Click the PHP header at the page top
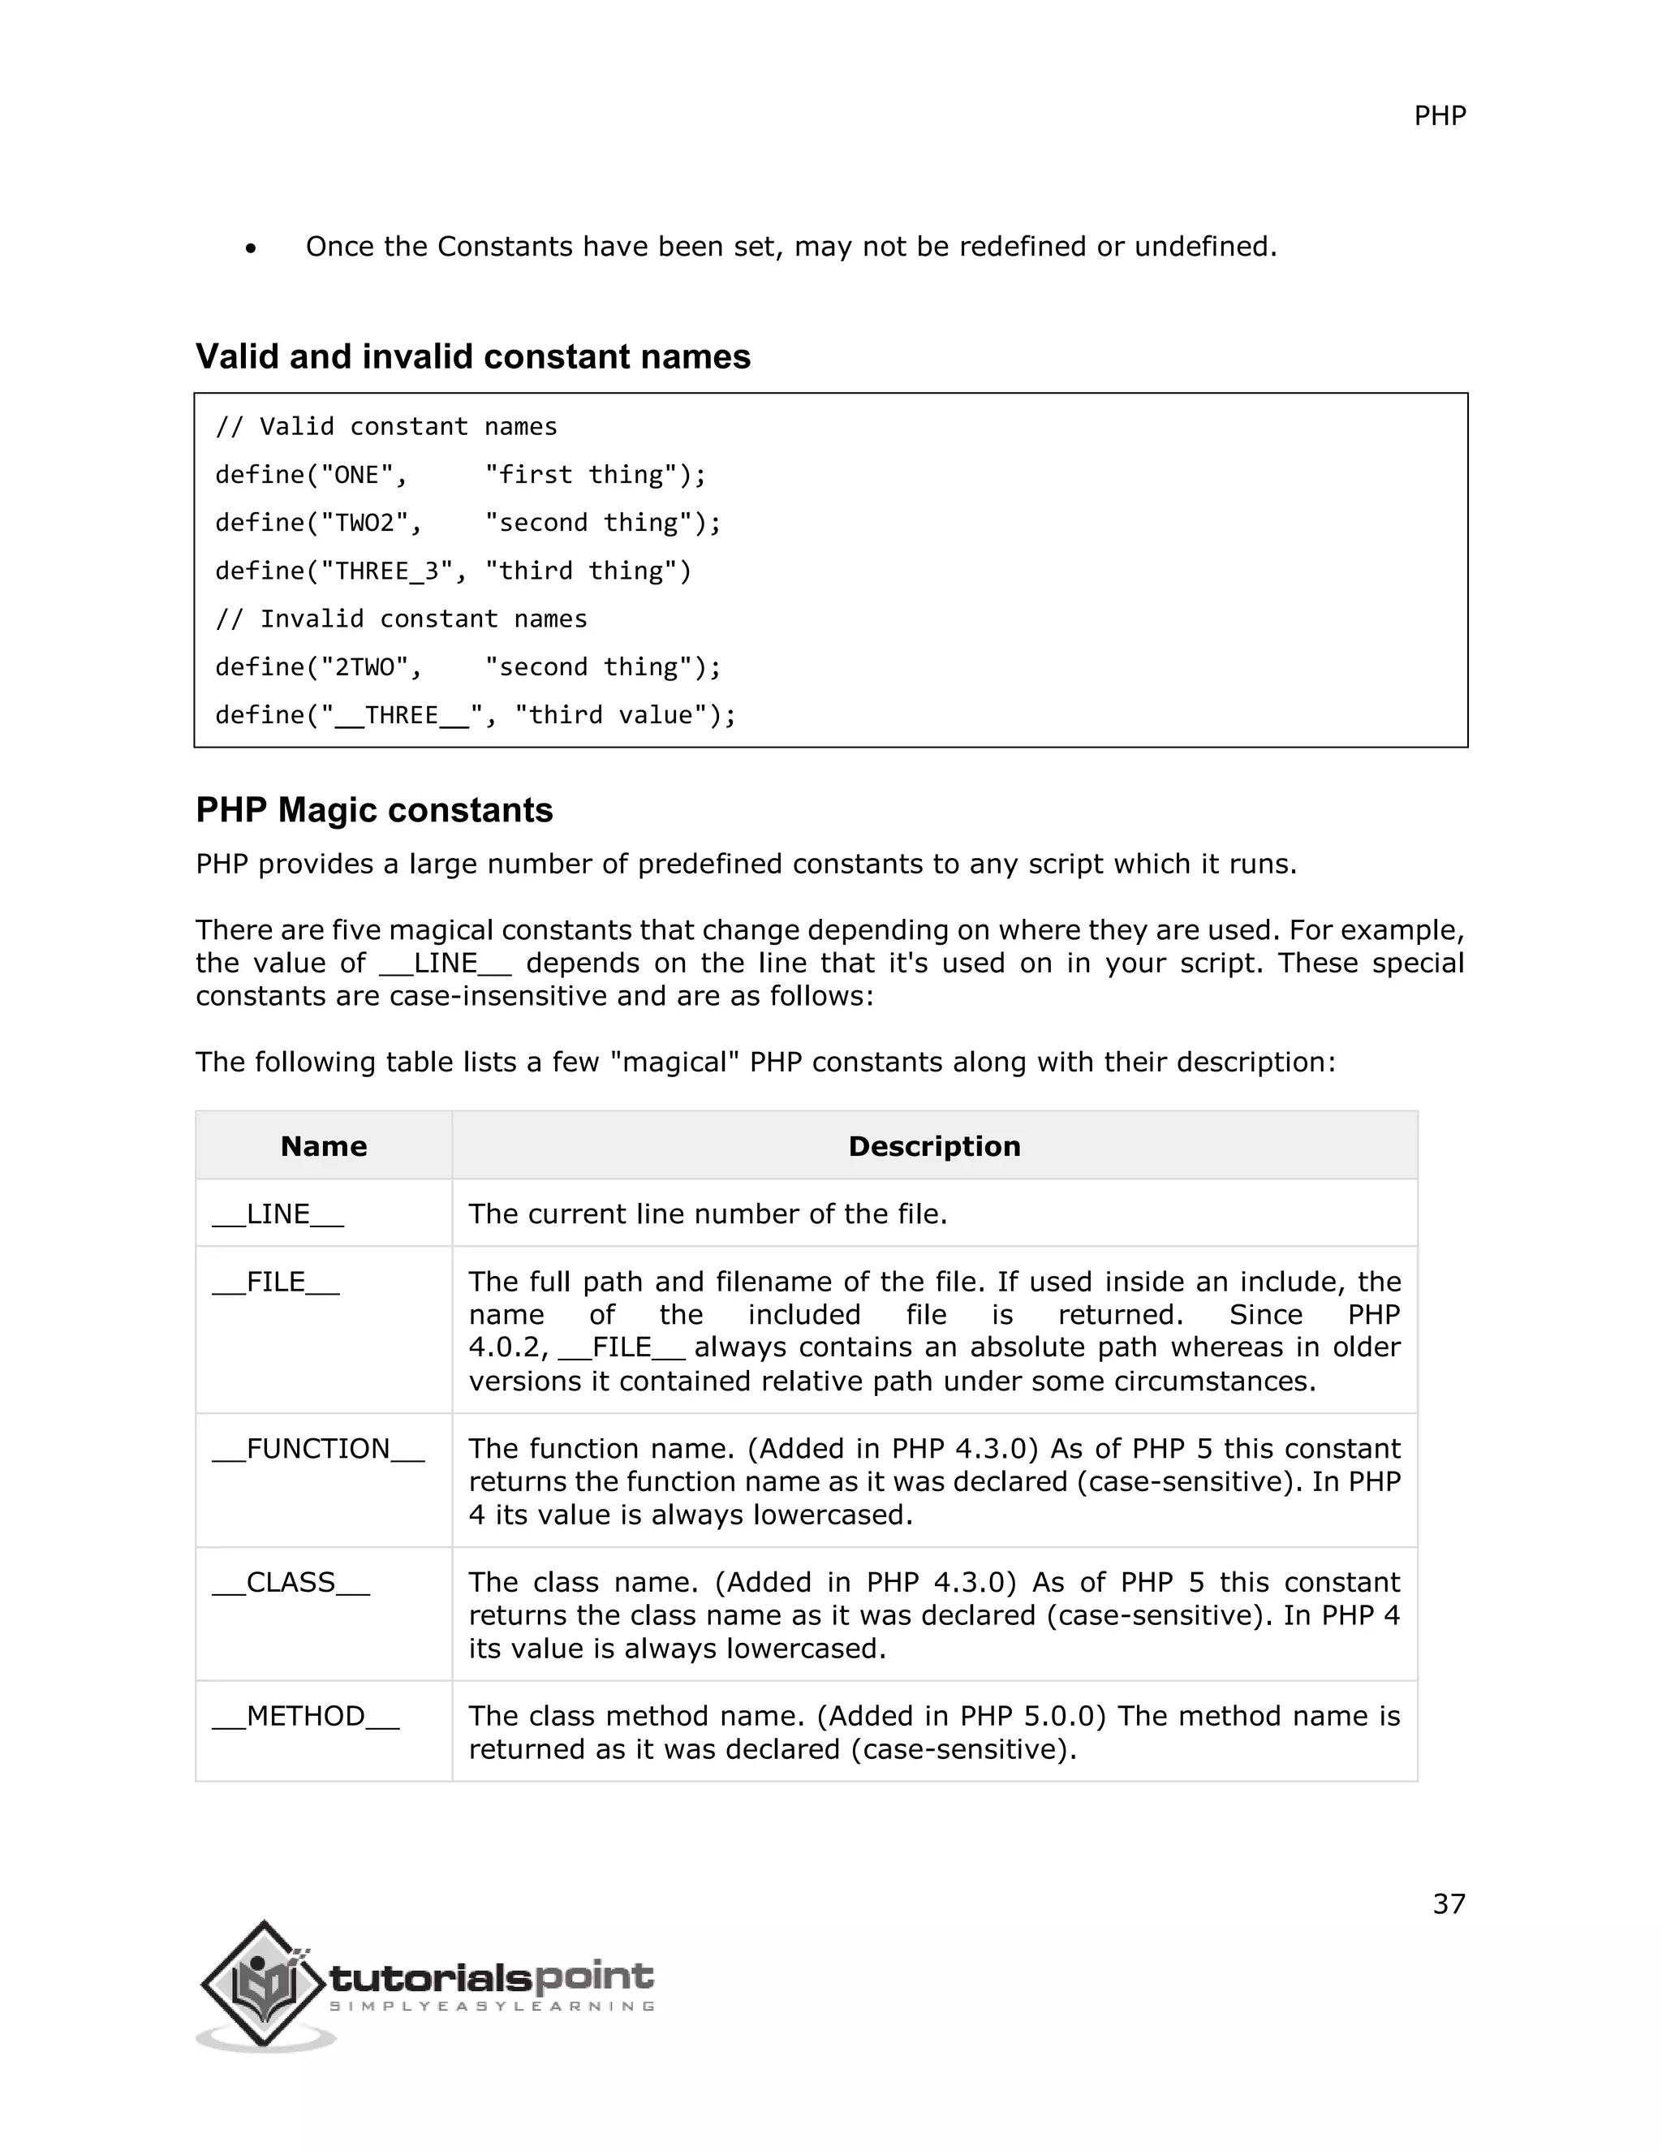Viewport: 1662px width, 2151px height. click(x=1440, y=116)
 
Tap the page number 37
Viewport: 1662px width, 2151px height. click(x=1449, y=1903)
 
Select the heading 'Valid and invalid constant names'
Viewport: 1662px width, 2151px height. click(x=472, y=356)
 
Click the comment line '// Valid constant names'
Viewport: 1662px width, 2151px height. click(x=386, y=426)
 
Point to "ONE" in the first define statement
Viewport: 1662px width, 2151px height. click(x=357, y=475)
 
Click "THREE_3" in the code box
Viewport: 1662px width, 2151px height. click(x=388, y=571)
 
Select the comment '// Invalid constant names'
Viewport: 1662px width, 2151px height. click(x=401, y=619)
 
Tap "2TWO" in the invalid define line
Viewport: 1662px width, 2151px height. click(x=365, y=666)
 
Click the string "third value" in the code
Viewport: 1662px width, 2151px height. click(x=610, y=715)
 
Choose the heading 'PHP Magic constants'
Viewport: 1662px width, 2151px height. click(x=374, y=809)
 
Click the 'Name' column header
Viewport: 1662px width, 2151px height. click(x=323, y=1145)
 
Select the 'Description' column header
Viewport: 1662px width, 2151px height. click(x=933, y=1145)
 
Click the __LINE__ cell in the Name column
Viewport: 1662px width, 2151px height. click(x=278, y=1213)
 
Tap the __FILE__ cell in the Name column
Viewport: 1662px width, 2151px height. click(x=276, y=1282)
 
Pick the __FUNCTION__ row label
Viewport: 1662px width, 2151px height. click(x=318, y=1448)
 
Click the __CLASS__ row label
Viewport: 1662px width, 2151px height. click(x=291, y=1582)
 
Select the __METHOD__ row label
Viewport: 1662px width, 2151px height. click(x=305, y=1716)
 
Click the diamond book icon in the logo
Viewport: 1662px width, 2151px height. click(x=262, y=1983)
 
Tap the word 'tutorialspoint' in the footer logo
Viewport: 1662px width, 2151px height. click(x=490, y=1975)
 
